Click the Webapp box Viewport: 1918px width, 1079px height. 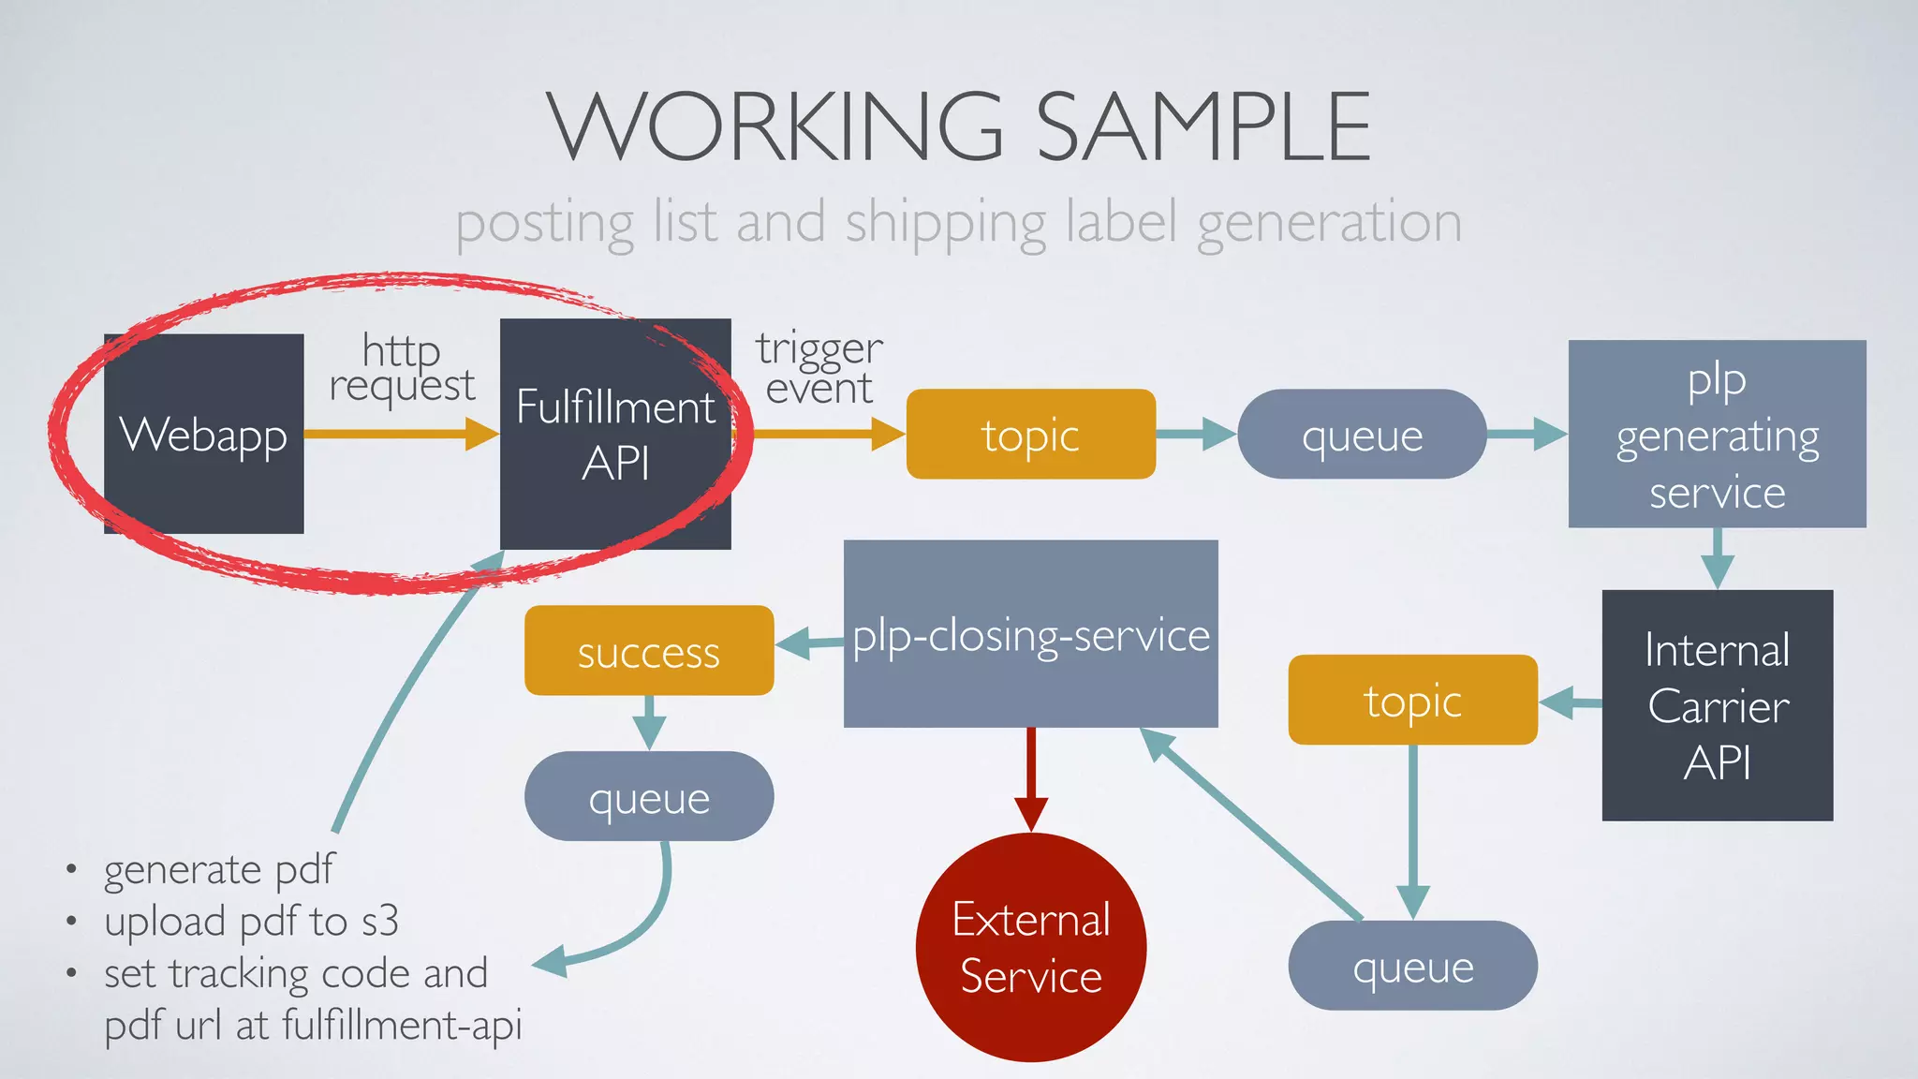[203, 434]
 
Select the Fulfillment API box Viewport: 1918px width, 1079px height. [615, 434]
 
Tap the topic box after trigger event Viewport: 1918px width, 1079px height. [1030, 435]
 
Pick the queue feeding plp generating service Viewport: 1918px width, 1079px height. [1362, 435]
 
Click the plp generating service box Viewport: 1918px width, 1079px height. [1717, 434]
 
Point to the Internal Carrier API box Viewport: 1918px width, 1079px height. [1717, 705]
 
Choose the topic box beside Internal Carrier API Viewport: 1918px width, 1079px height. [1412, 700]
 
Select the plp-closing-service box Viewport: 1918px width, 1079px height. [1030, 634]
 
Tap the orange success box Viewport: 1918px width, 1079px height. [648, 651]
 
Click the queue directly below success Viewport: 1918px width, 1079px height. [648, 796]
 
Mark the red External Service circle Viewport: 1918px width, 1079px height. [1030, 947]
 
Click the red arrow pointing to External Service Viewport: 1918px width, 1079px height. [1031, 778]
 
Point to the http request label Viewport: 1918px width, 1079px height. [402, 368]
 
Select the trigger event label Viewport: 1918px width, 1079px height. [819, 368]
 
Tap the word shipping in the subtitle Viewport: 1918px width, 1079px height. [946, 223]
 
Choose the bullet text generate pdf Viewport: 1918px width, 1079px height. [219, 869]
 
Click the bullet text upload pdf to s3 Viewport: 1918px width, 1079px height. [251, 922]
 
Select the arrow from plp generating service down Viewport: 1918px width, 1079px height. [1717, 558]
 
